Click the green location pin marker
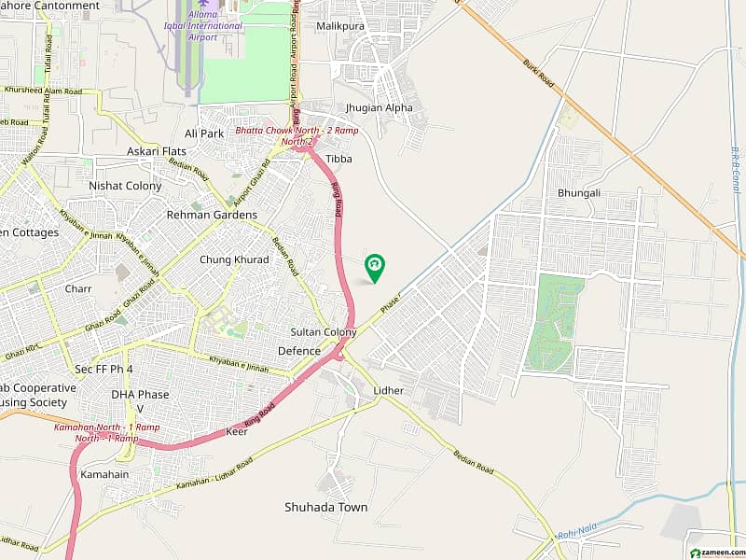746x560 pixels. [375, 267]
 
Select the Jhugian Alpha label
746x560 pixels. [379, 107]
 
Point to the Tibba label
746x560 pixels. [338, 159]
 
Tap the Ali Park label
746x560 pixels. [204, 133]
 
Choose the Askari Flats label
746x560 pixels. [157, 151]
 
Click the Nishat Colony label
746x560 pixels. [125, 186]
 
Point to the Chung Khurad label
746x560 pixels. [234, 259]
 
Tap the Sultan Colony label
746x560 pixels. [324, 332]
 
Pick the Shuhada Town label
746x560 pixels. [326, 508]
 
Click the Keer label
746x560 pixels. [236, 432]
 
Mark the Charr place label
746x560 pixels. [78, 289]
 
